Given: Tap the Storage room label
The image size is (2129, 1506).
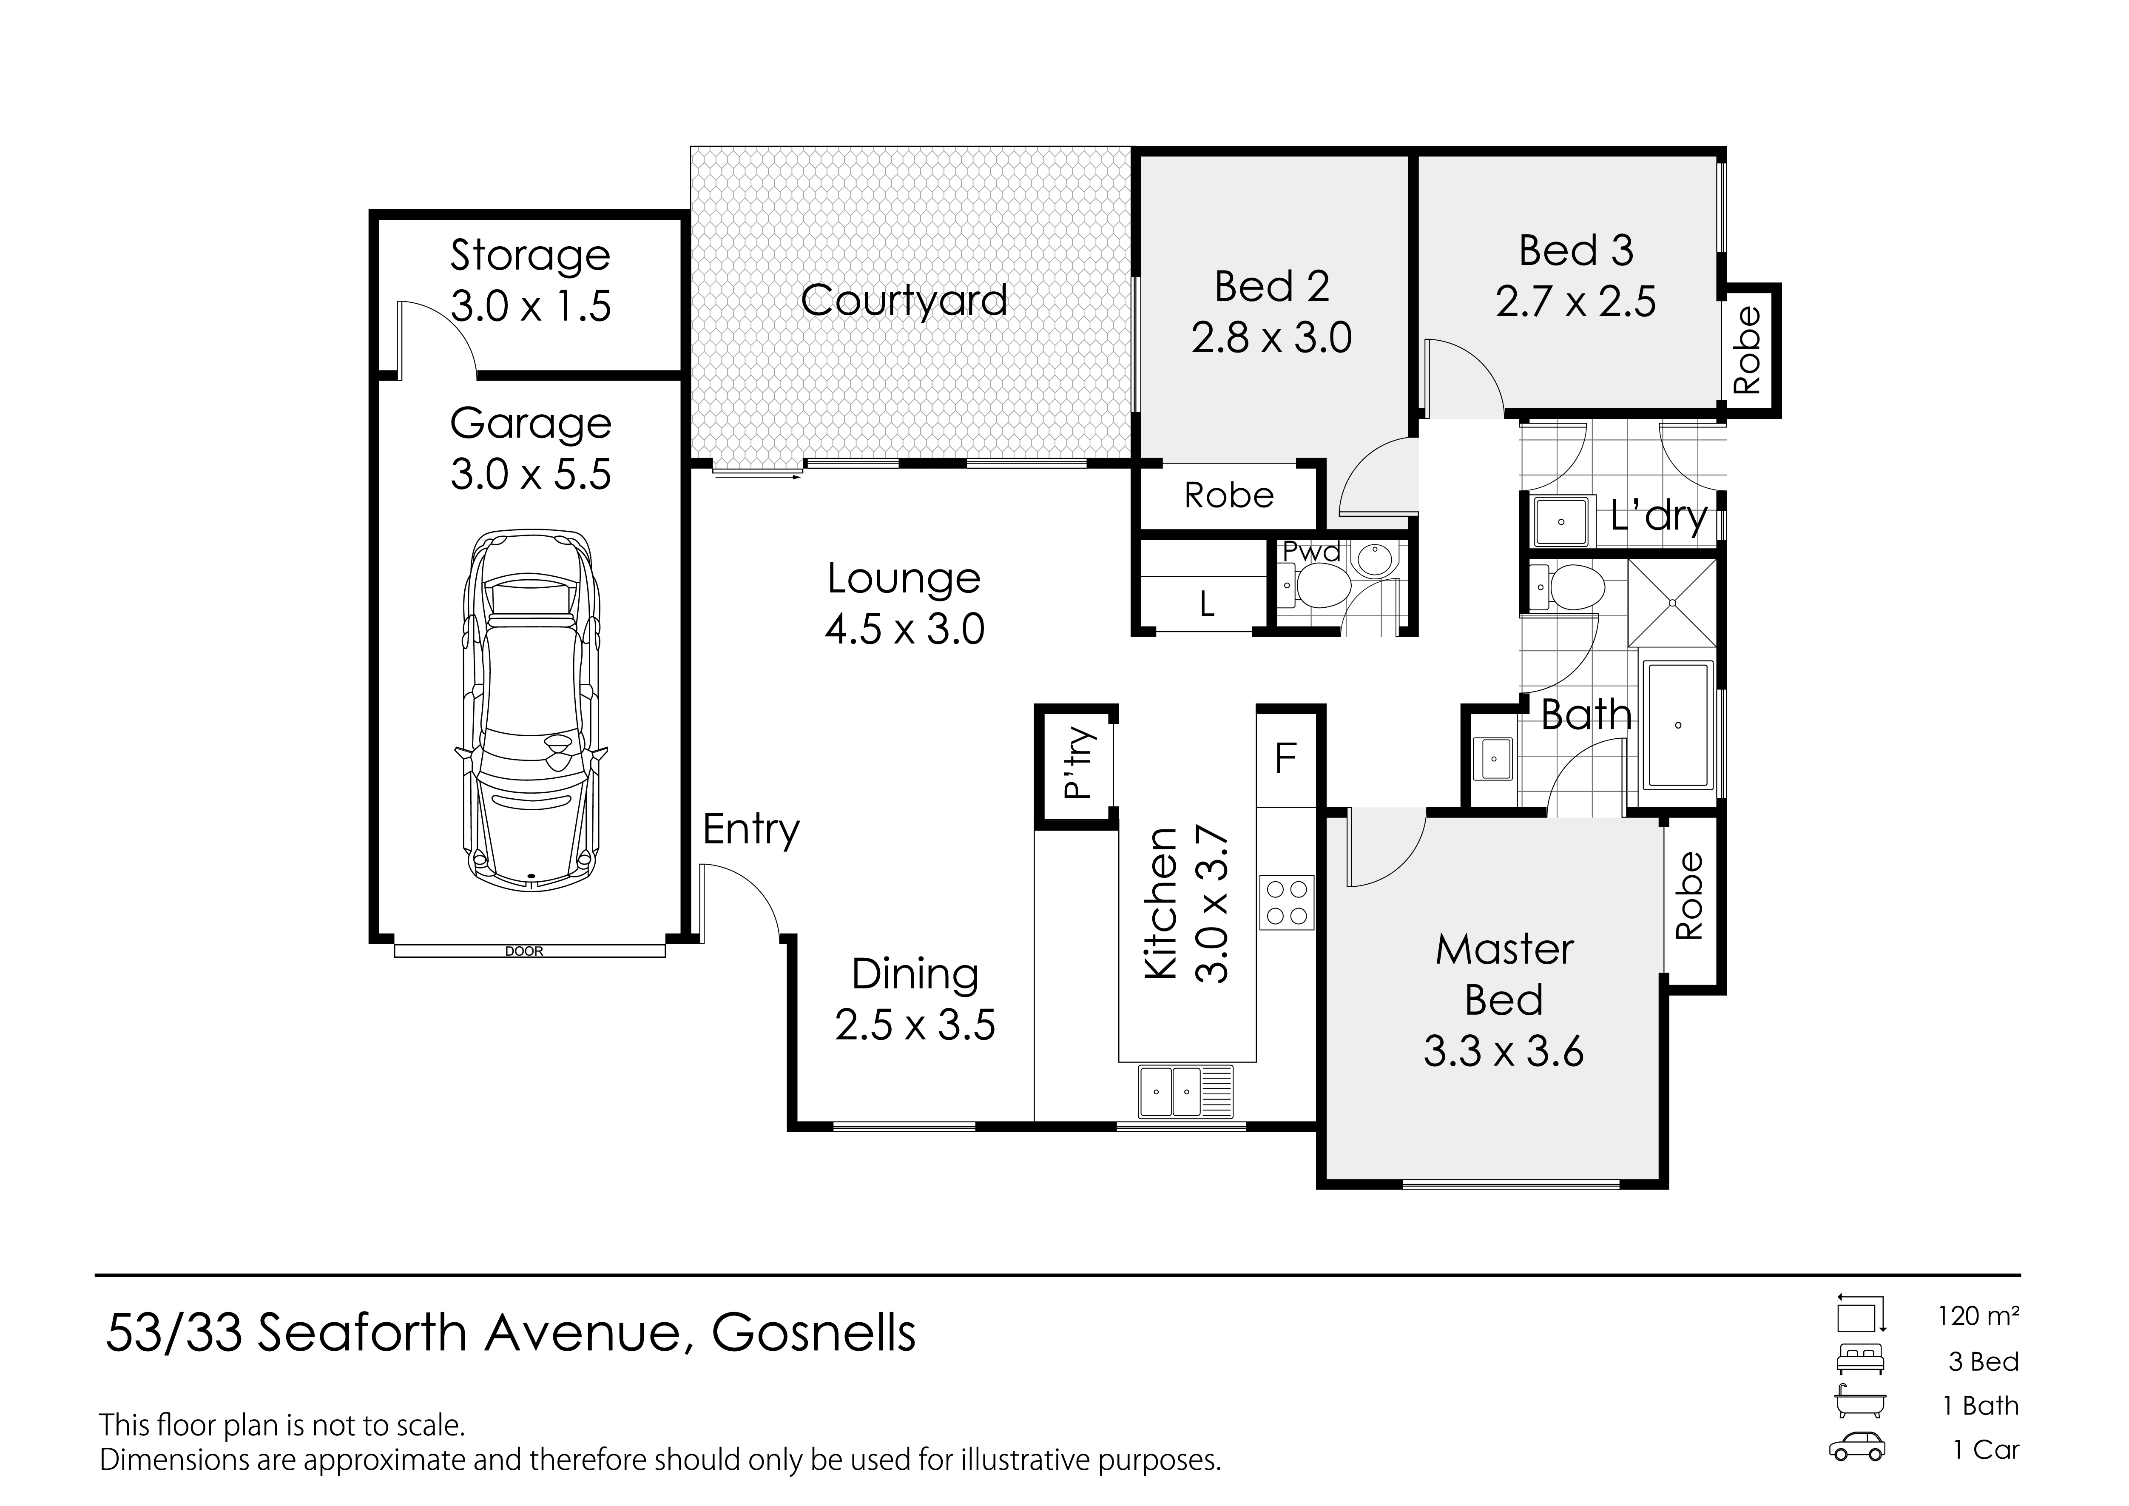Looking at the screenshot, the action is point(530,256).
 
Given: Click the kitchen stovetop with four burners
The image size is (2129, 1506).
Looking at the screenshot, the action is point(1286,903).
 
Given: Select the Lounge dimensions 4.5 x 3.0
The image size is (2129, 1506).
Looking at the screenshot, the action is point(904,630).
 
